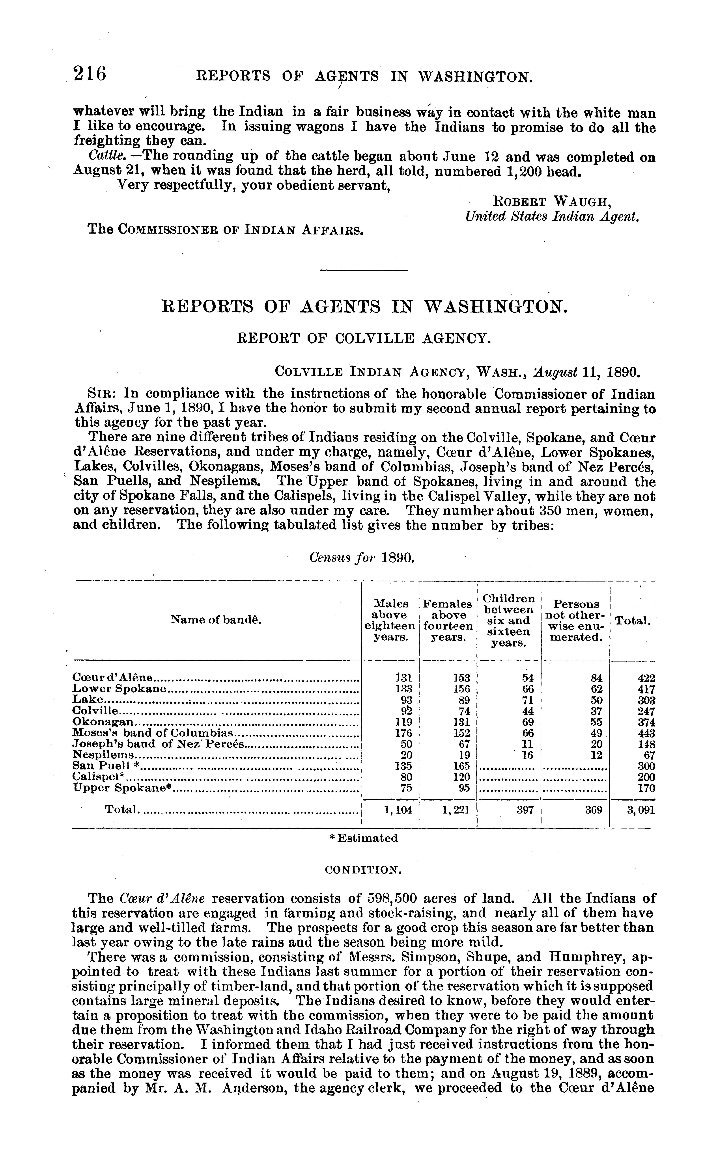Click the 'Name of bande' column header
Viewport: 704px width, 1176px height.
point(216,620)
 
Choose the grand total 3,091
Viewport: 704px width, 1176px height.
point(641,810)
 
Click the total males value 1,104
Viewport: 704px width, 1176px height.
point(398,810)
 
